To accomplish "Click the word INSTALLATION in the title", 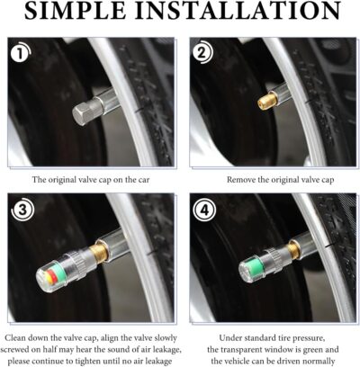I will [x=238, y=13].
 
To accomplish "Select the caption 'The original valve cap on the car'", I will [x=89, y=179].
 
